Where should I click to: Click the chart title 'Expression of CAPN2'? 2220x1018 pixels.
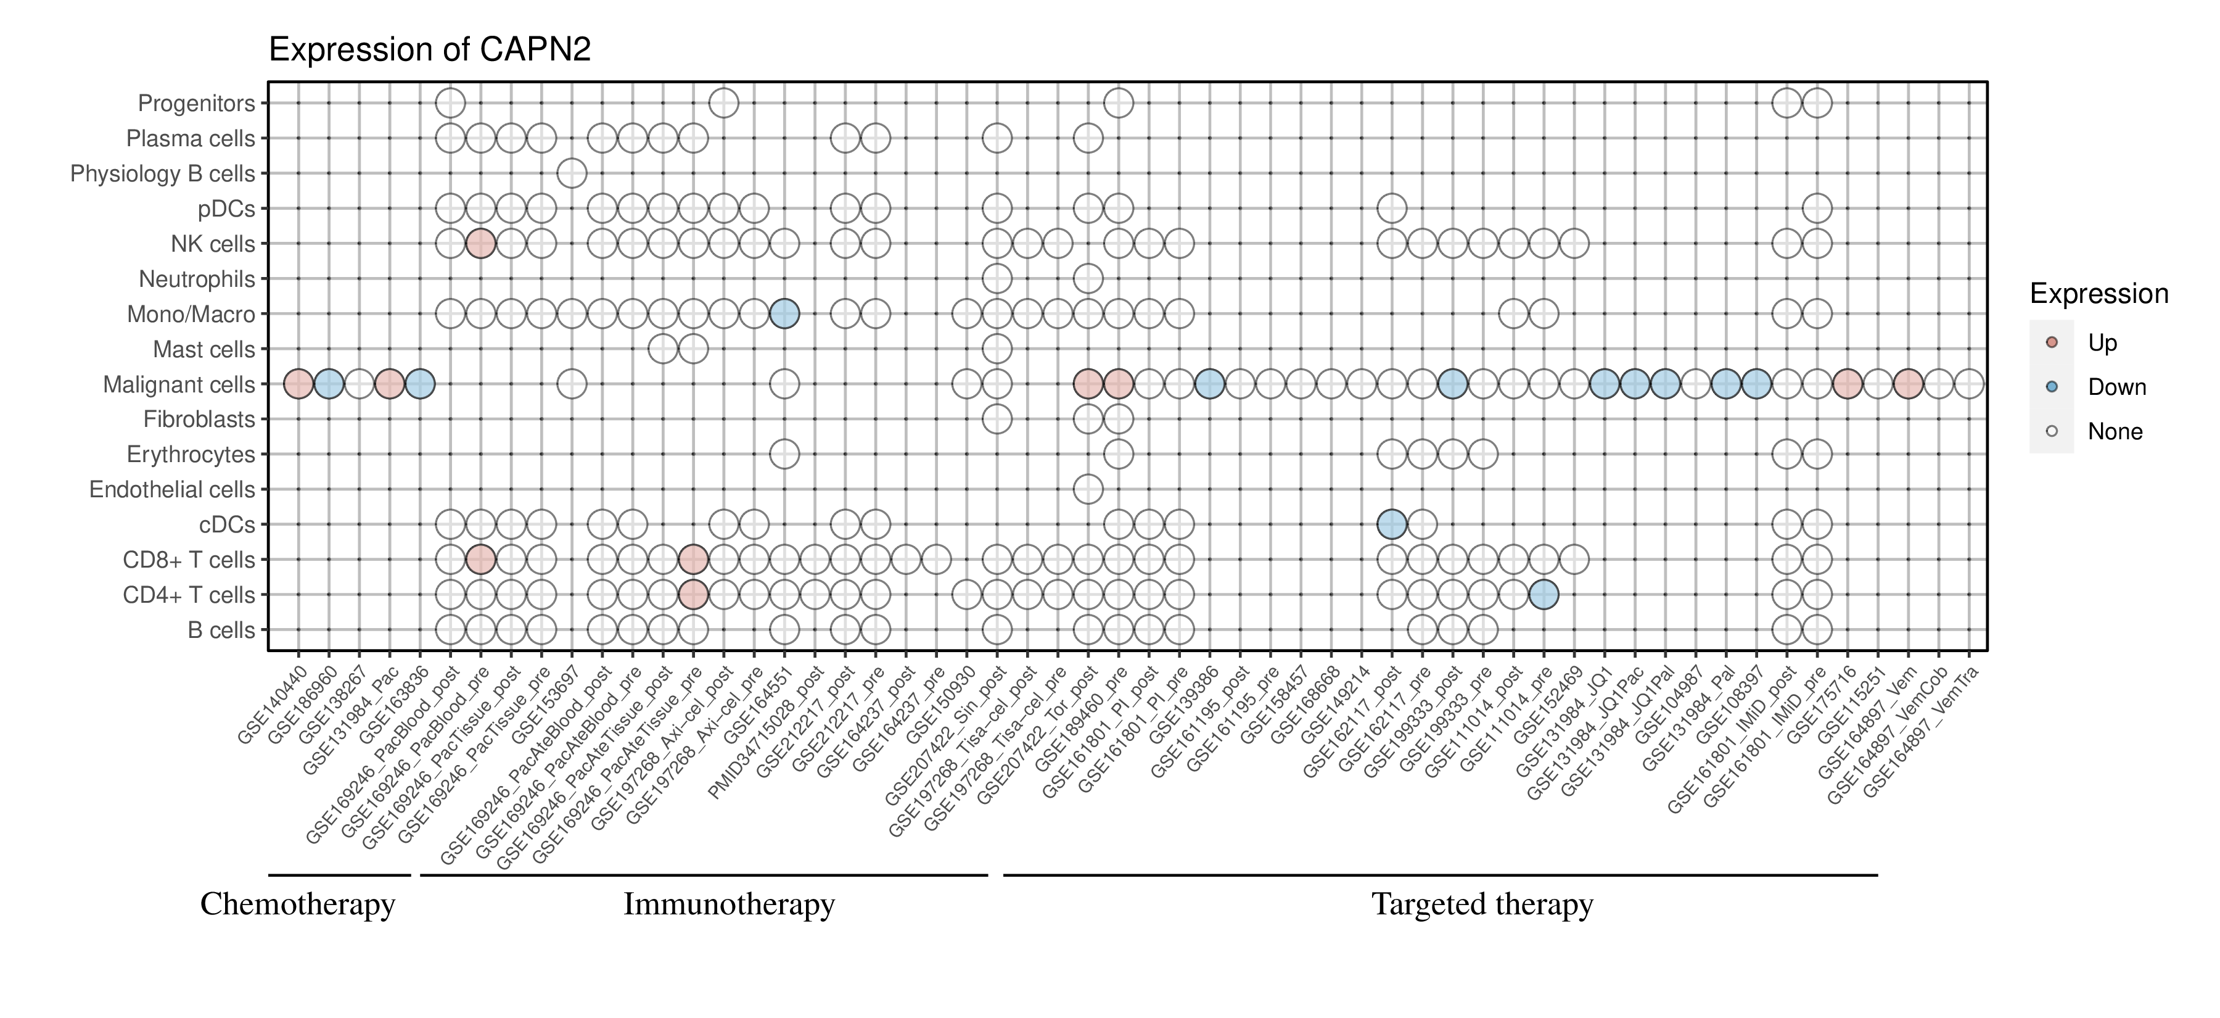(429, 50)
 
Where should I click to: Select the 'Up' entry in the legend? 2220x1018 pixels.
(2101, 343)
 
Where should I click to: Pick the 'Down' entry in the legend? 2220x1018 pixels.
(2116, 387)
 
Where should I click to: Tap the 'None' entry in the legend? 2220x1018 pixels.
(2114, 432)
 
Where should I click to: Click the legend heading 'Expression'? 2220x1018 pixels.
(2099, 294)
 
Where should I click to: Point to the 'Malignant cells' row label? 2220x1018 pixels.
(179, 384)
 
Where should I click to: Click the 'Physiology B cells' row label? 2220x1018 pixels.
(163, 173)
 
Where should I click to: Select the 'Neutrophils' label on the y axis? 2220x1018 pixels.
(197, 279)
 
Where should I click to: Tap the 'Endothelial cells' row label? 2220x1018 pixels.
(173, 490)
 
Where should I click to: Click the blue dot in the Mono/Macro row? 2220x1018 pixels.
(784, 314)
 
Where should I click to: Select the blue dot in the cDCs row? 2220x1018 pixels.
(1392, 524)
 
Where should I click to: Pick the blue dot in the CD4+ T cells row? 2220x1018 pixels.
(1544, 595)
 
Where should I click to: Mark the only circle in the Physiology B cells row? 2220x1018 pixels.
(572, 173)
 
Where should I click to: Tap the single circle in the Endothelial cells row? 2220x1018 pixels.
(1088, 490)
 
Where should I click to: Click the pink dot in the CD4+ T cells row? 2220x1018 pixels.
(693, 595)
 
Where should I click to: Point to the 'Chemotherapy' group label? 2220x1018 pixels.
(297, 904)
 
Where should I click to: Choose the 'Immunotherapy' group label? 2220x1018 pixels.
(729, 904)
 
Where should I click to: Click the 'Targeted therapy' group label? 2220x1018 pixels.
(1482, 904)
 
